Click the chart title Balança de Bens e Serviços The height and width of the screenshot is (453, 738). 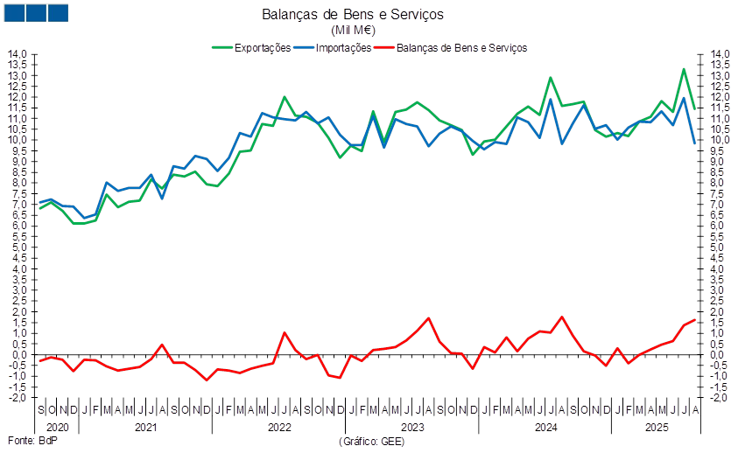[353, 14]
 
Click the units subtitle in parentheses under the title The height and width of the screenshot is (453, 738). [353, 30]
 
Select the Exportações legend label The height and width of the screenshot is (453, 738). [263, 48]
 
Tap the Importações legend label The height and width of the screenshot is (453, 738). [342, 48]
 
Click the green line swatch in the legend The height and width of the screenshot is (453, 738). [223, 48]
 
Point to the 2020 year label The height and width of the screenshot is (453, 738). [56, 428]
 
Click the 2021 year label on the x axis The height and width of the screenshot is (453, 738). [145, 428]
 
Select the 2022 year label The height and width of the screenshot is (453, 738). [278, 428]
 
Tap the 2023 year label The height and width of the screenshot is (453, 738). [411, 428]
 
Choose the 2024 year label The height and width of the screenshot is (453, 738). [545, 428]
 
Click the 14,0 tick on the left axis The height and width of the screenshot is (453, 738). [19, 54]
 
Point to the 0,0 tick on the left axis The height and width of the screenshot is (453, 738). [19, 355]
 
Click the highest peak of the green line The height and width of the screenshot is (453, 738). [684, 69]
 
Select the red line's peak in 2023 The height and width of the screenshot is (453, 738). [428, 318]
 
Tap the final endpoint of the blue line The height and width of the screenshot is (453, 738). [695, 143]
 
